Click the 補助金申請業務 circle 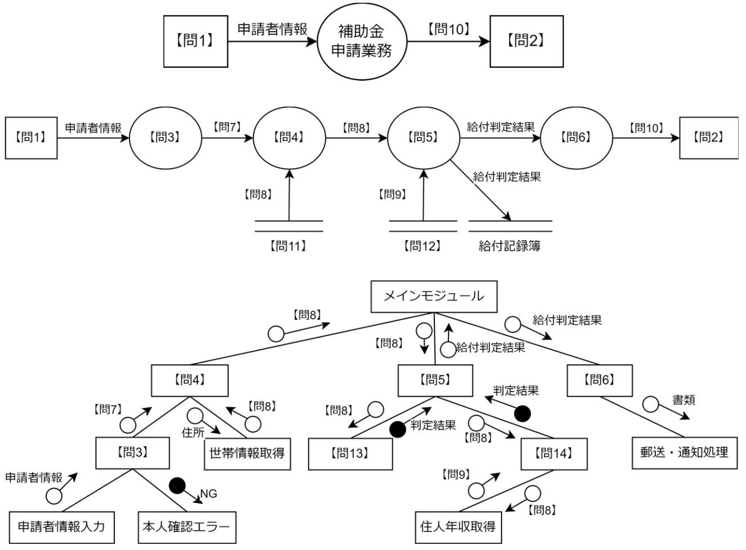point(361,41)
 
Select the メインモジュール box point(434,296)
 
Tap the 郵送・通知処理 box point(684,452)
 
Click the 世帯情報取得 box point(247,453)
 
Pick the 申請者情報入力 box point(61,527)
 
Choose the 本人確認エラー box point(186,527)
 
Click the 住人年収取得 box point(458,527)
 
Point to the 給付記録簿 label point(510,246)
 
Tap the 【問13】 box point(350,453)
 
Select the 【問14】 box point(553,453)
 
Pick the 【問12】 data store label point(422,246)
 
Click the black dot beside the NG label point(177,485)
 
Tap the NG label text point(208,494)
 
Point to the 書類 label point(684,401)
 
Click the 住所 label point(193,433)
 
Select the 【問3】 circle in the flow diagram point(165,137)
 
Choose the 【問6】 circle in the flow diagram point(576,137)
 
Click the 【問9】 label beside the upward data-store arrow point(392,195)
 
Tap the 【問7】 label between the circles point(227,127)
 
